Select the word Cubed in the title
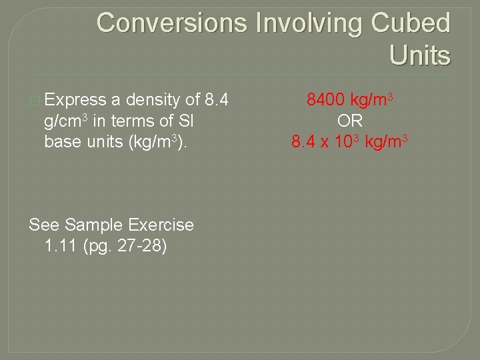pyautogui.click(x=411, y=23)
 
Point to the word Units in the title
pyautogui.click(x=420, y=55)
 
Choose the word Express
pyautogui.click(x=75, y=101)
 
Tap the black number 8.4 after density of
pyautogui.click(x=217, y=101)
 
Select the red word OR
pyautogui.click(x=349, y=121)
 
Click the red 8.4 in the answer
pyautogui.click(x=304, y=142)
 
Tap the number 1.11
pyautogui.click(x=61, y=245)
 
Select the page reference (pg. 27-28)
pyautogui.click(x=125, y=246)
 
